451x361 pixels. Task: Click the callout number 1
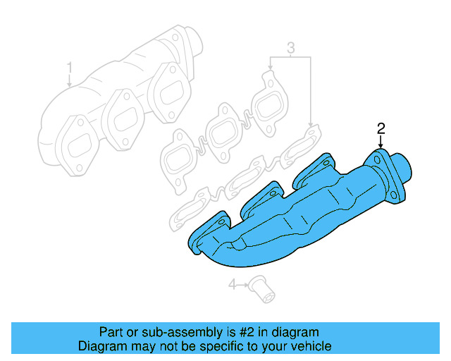pyautogui.click(x=70, y=68)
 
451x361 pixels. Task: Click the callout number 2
pyautogui.click(x=381, y=128)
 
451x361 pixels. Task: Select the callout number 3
pyautogui.click(x=290, y=49)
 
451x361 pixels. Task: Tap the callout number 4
pyautogui.click(x=232, y=285)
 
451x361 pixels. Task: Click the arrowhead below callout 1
pyautogui.click(x=70, y=84)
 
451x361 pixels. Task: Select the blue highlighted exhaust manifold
pyautogui.click(x=296, y=212)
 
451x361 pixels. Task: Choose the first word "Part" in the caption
pyautogui.click(x=111, y=332)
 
